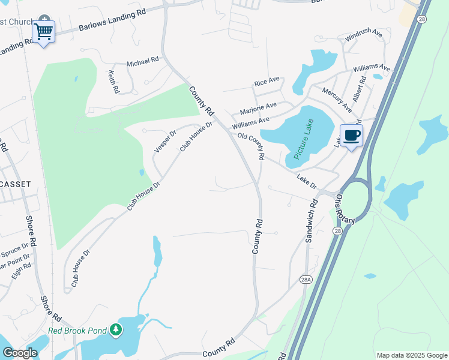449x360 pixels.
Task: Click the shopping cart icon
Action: coord(44,31)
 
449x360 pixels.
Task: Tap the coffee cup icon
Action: coord(352,135)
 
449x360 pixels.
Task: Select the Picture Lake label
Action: coord(304,139)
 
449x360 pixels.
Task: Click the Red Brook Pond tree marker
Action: coord(115,329)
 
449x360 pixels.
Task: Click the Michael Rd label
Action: coord(142,61)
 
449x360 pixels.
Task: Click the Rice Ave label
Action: coord(267,80)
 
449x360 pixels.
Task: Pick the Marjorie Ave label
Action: coord(258,109)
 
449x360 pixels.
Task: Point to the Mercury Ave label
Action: coord(337,99)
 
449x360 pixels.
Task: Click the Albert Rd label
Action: coord(359,89)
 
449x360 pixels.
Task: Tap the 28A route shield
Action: coord(306,278)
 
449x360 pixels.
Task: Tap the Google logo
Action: coord(20,353)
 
